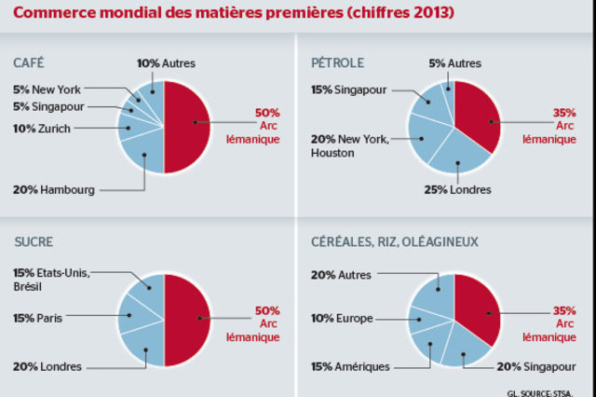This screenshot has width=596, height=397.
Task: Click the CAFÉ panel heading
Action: coord(29,62)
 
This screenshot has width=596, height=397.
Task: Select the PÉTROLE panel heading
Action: coord(338,62)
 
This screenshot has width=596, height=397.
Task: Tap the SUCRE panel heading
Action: coord(33,241)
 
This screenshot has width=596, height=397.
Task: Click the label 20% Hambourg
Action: coord(54,190)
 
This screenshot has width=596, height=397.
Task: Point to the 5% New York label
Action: coord(47,89)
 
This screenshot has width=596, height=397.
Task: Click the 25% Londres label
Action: coord(459,190)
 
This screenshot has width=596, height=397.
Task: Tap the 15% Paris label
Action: coord(36,318)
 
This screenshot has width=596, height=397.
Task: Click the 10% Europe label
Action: coord(342,318)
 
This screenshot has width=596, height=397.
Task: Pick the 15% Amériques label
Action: coord(350,366)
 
